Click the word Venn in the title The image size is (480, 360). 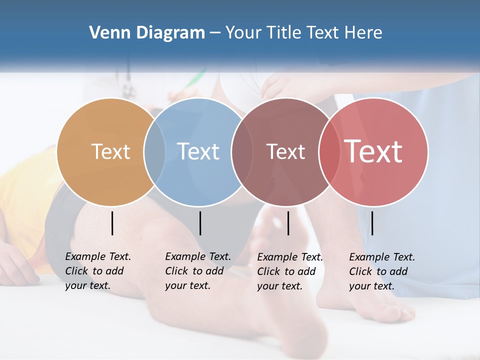(103, 33)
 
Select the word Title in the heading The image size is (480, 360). (284, 33)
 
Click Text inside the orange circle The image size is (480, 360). (111, 151)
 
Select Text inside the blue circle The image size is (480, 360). (198, 151)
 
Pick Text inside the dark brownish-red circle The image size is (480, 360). (286, 151)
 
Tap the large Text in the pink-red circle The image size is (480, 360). (373, 151)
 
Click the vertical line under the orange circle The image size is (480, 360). (112, 223)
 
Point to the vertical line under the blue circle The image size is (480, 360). (200, 223)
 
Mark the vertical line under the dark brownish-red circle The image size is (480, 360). (288, 223)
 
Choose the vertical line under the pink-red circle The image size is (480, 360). (372, 223)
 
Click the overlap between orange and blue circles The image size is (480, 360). (154, 151)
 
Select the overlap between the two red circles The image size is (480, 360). (327, 151)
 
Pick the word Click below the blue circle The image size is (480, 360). (176, 271)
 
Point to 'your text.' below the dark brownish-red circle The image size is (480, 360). (279, 286)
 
